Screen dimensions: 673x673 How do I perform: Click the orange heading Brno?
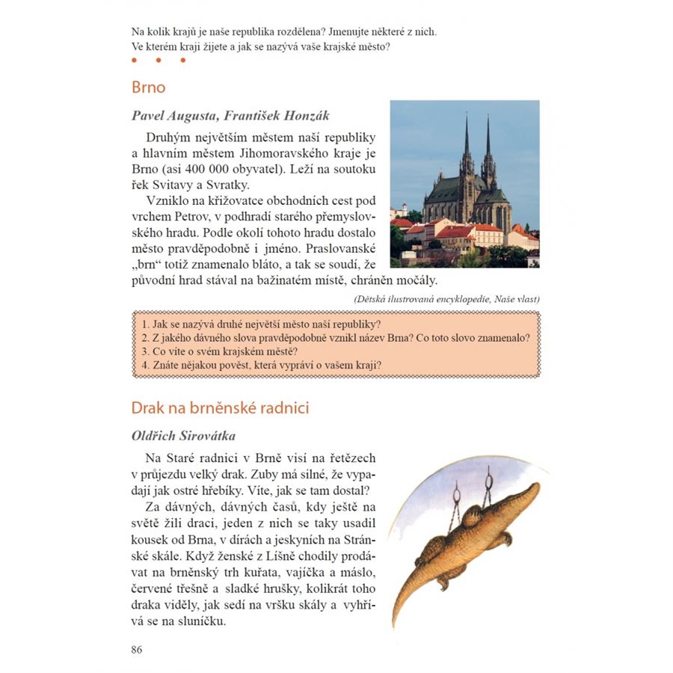[148, 87]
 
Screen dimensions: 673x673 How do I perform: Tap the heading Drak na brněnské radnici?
[220, 408]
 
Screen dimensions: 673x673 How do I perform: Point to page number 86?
[136, 649]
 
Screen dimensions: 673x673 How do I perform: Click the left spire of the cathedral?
[467, 138]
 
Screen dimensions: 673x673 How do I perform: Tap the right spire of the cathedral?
[488, 138]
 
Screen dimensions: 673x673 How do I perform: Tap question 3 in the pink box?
[220, 351]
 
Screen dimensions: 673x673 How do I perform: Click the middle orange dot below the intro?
[159, 61]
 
